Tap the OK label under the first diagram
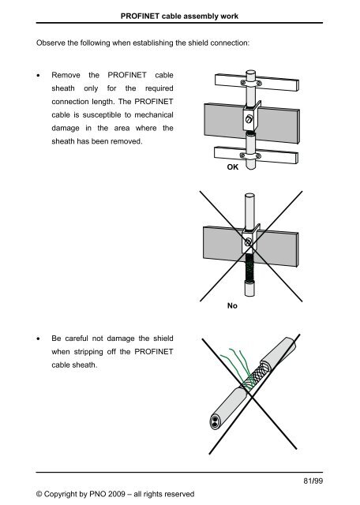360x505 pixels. click(232, 168)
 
